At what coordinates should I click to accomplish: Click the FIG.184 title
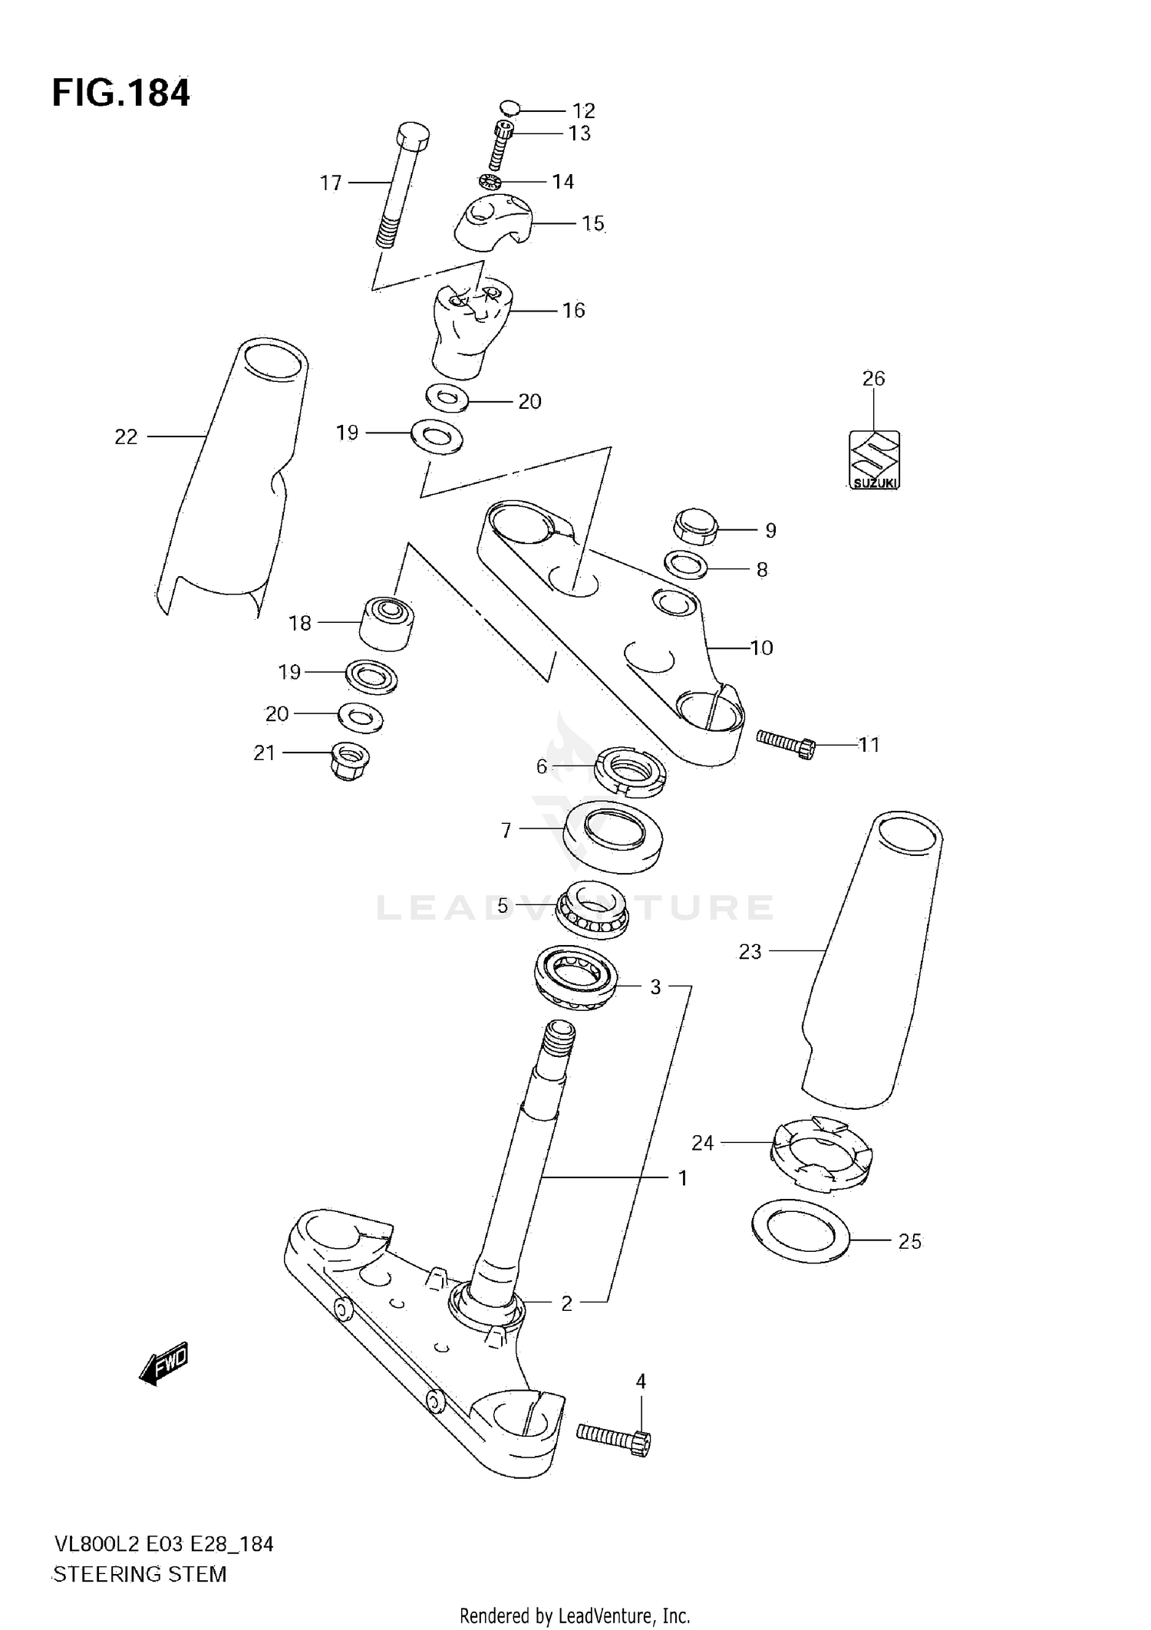coord(120,94)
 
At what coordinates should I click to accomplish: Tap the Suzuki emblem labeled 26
coord(874,459)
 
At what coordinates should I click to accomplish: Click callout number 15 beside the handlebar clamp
coord(592,224)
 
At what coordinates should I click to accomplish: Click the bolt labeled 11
coord(787,742)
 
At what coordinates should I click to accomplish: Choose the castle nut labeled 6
coord(630,769)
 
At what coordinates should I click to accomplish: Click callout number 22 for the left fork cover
coord(126,436)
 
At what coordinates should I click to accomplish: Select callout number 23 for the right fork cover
coord(750,951)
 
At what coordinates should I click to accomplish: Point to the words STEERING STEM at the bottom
coord(140,1574)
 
